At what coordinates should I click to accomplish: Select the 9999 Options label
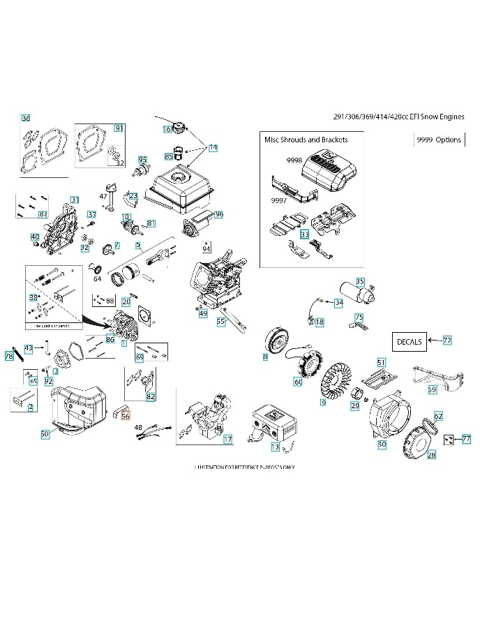click(x=439, y=140)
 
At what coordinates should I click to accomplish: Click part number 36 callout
click(x=26, y=118)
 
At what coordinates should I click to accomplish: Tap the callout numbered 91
click(x=119, y=128)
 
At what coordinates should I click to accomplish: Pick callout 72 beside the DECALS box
click(x=447, y=340)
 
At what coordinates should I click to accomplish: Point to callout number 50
click(x=45, y=434)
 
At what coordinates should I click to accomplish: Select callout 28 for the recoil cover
click(x=431, y=454)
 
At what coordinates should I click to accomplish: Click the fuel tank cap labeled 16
click(x=181, y=128)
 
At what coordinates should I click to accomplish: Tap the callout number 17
click(x=227, y=439)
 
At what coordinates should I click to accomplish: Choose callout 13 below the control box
click(x=275, y=447)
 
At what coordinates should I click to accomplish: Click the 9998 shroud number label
click(x=294, y=160)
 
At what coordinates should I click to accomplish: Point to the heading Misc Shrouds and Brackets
click(x=306, y=140)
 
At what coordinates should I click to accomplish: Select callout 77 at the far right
click(x=466, y=439)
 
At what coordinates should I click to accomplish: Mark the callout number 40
click(x=35, y=237)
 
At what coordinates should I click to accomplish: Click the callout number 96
click(x=219, y=215)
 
